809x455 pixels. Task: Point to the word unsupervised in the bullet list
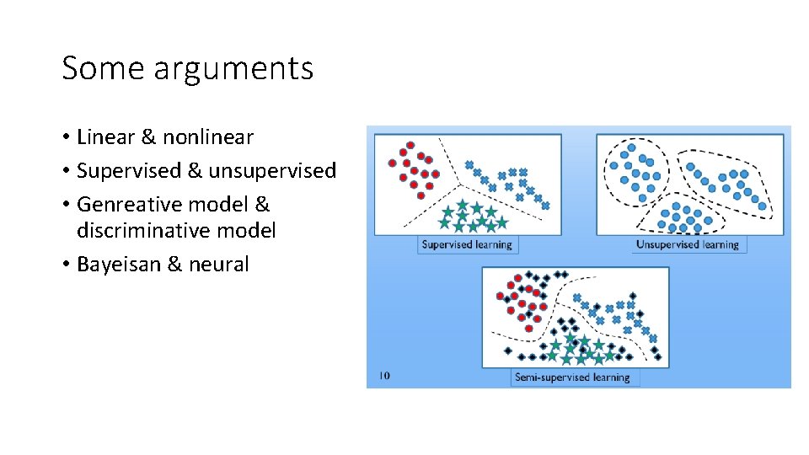click(272, 171)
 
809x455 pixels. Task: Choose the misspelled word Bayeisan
click(120, 265)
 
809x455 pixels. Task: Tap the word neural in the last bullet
click(219, 265)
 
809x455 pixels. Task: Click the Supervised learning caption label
click(467, 244)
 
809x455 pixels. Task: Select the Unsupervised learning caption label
click(687, 244)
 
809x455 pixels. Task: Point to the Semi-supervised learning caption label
click(576, 377)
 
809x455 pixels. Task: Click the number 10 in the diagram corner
click(383, 375)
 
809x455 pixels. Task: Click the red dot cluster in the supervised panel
click(413, 166)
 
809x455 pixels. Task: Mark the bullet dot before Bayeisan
click(66, 265)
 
